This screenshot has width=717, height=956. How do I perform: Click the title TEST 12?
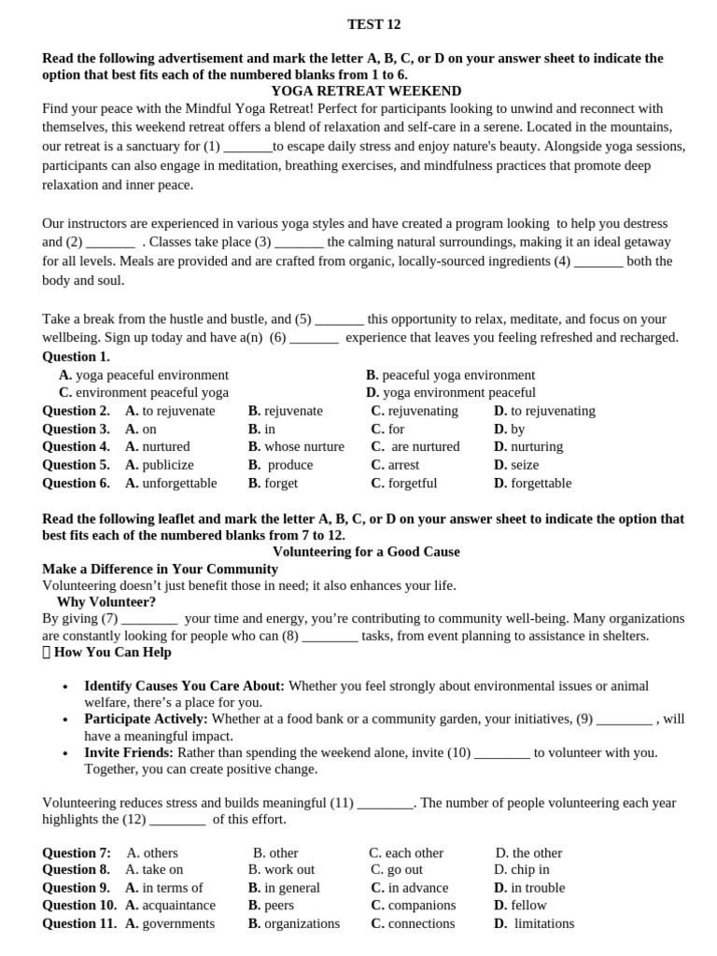point(373,24)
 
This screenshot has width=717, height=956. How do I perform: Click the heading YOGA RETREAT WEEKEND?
point(366,91)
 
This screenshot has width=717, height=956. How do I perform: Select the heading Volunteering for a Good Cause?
point(366,552)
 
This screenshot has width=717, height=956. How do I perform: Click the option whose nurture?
point(296,446)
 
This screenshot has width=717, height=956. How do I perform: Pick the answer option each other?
point(406,852)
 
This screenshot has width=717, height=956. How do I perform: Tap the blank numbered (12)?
point(176,820)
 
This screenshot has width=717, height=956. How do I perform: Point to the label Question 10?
point(79,905)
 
